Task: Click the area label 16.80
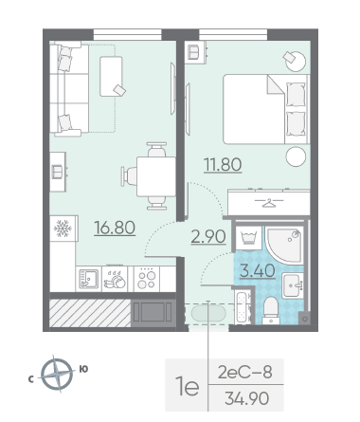(x=115, y=228)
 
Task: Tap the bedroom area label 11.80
(x=223, y=165)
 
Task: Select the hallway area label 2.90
(x=208, y=236)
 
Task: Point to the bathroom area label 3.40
(x=258, y=271)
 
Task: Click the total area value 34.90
(x=246, y=398)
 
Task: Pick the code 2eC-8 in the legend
(x=245, y=373)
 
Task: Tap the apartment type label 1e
(x=189, y=387)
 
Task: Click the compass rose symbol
(x=57, y=375)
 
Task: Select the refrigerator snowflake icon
(x=63, y=229)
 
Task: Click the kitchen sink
(x=88, y=279)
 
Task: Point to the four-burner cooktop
(x=147, y=279)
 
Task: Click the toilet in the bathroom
(x=271, y=310)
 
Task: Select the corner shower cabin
(x=284, y=245)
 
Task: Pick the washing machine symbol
(x=249, y=238)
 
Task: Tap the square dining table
(x=156, y=176)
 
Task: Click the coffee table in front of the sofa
(x=111, y=76)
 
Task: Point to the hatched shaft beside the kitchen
(x=90, y=313)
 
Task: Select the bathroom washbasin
(x=293, y=285)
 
